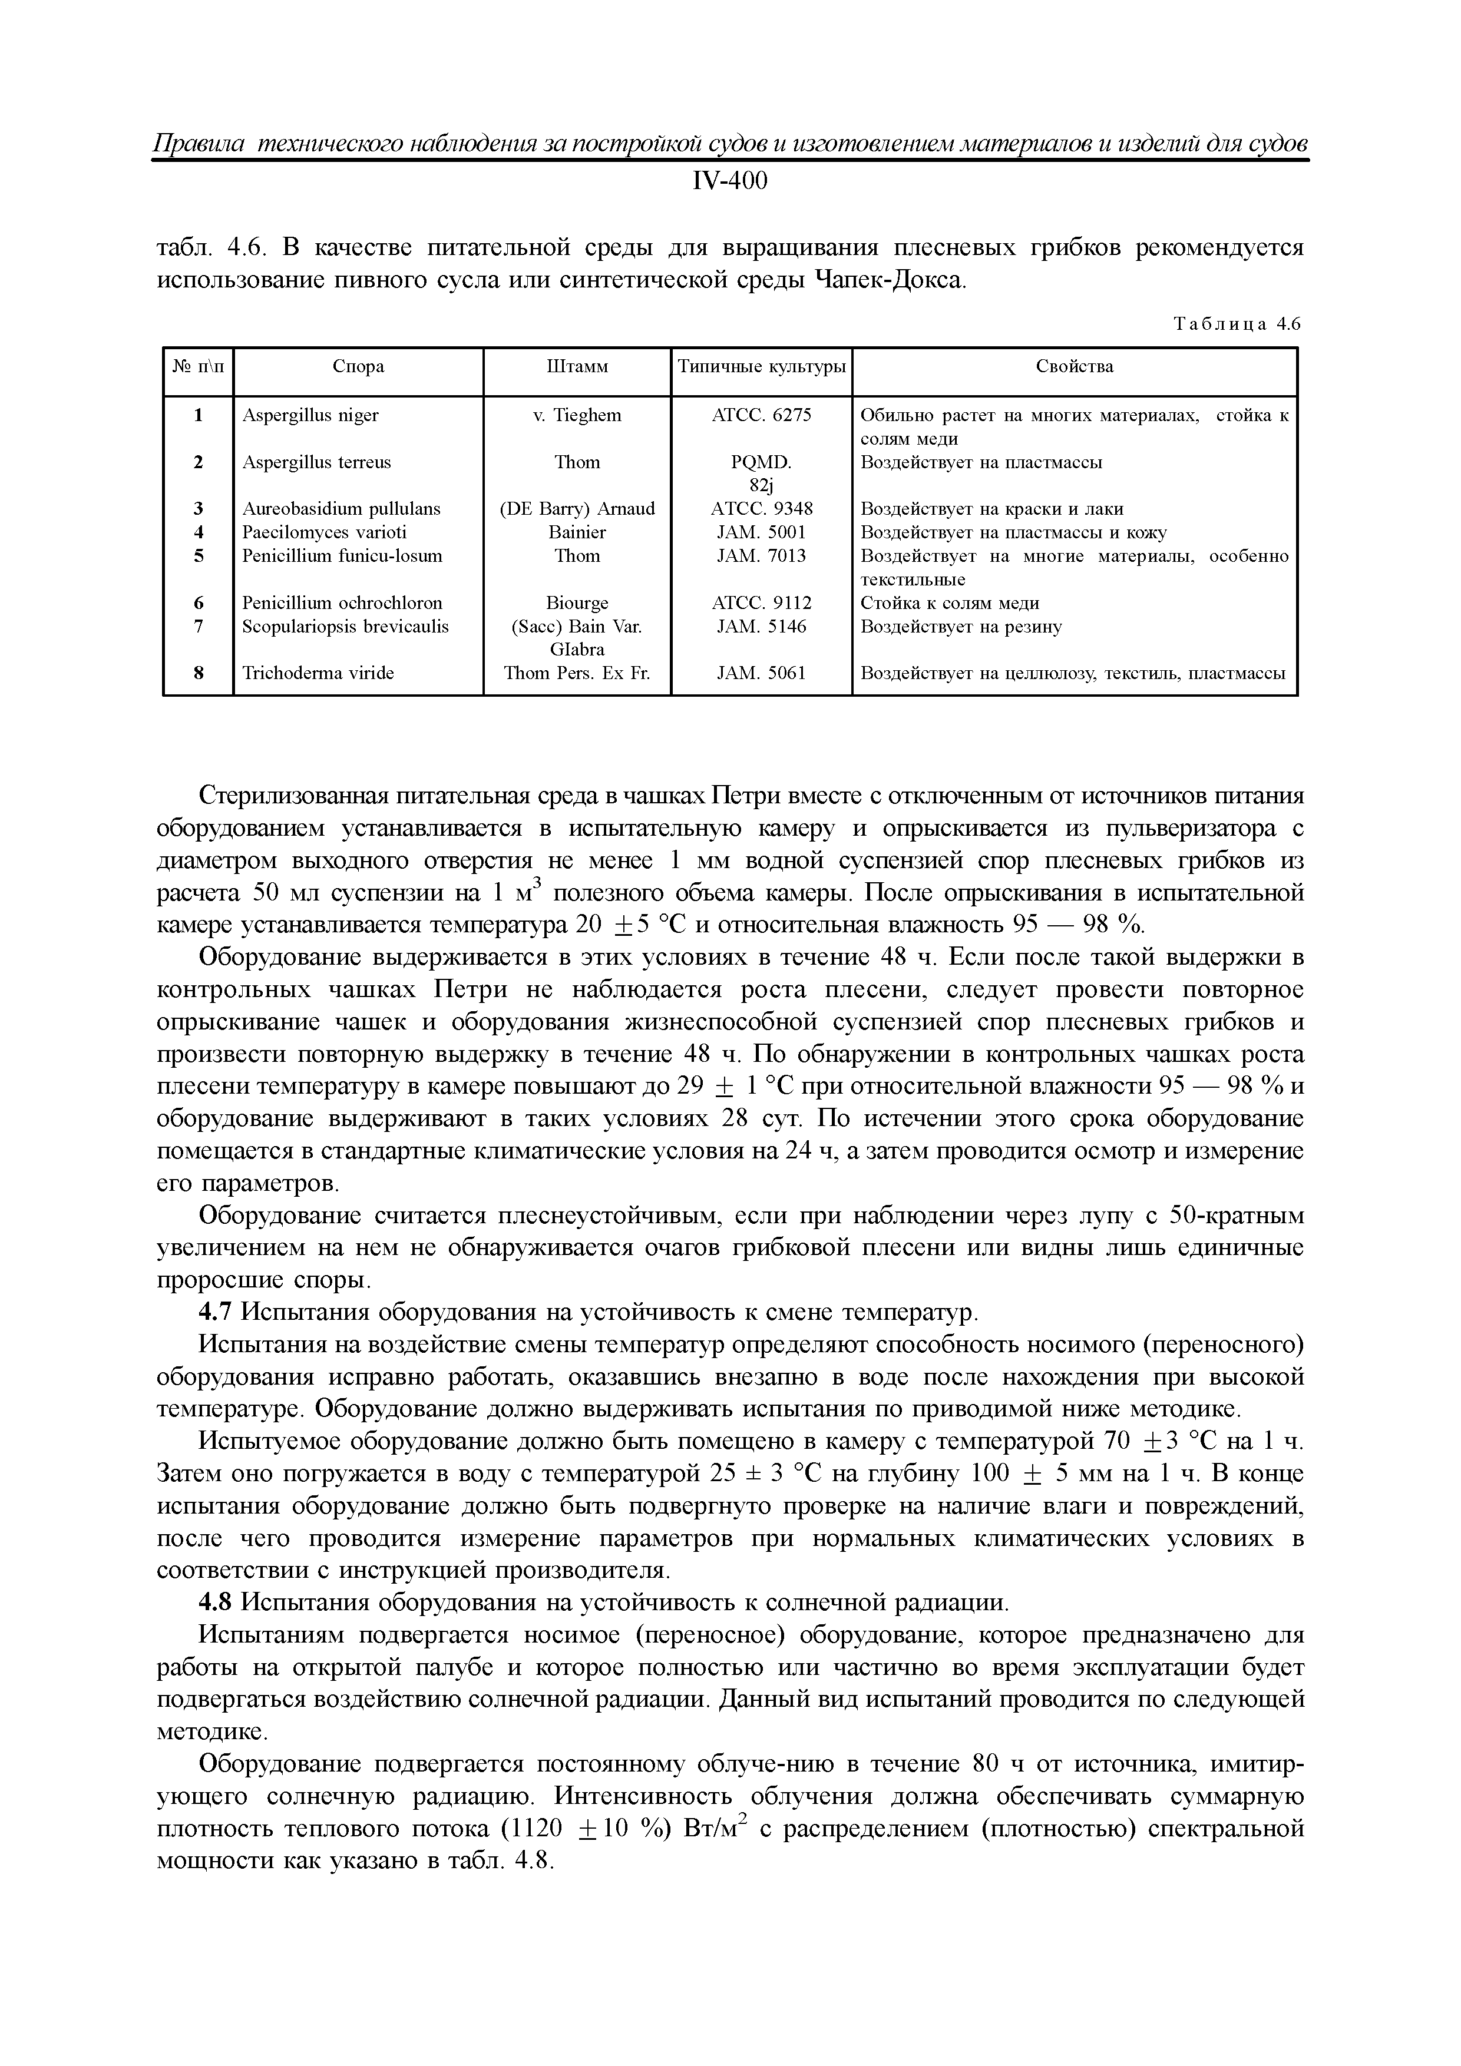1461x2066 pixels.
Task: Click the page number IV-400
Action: click(729, 182)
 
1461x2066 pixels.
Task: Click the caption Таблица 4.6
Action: click(1238, 325)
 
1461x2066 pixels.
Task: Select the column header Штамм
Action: click(577, 367)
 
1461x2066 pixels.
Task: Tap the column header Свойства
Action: click(1074, 367)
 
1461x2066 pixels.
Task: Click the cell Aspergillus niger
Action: click(310, 416)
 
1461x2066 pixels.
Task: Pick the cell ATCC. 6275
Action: click(762, 416)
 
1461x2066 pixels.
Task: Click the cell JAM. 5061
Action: click(762, 673)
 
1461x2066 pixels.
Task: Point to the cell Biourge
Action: click(577, 603)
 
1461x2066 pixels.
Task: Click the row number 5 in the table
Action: click(198, 556)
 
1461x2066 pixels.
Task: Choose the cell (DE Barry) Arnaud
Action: click(577, 509)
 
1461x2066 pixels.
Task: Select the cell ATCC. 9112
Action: click(762, 603)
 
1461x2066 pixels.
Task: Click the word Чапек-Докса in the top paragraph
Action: click(888, 281)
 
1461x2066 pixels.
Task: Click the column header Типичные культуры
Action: click(762, 367)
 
